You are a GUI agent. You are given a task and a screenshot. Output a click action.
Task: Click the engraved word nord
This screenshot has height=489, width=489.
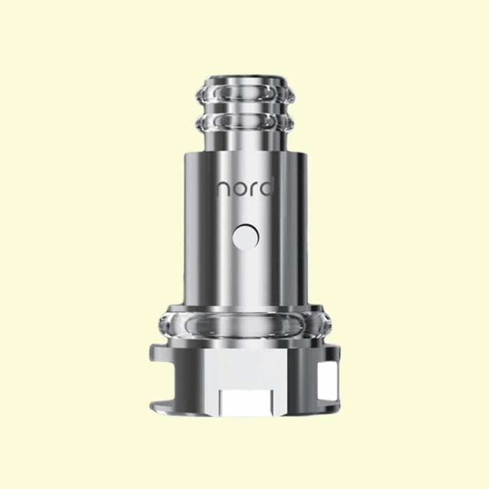point(245,187)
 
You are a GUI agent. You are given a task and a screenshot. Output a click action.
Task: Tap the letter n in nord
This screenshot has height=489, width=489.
point(223,189)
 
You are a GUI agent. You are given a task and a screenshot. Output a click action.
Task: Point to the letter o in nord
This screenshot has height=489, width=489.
point(240,189)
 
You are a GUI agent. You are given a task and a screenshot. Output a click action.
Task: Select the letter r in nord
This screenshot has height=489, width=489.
point(254,189)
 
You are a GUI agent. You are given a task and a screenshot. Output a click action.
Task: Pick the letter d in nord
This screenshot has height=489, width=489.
point(267,187)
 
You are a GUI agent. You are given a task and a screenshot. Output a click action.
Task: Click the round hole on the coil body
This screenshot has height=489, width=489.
point(245,237)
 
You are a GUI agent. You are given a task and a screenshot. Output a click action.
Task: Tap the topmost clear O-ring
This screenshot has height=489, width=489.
point(245,93)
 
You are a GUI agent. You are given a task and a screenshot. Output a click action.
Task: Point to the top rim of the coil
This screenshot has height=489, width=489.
point(245,80)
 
